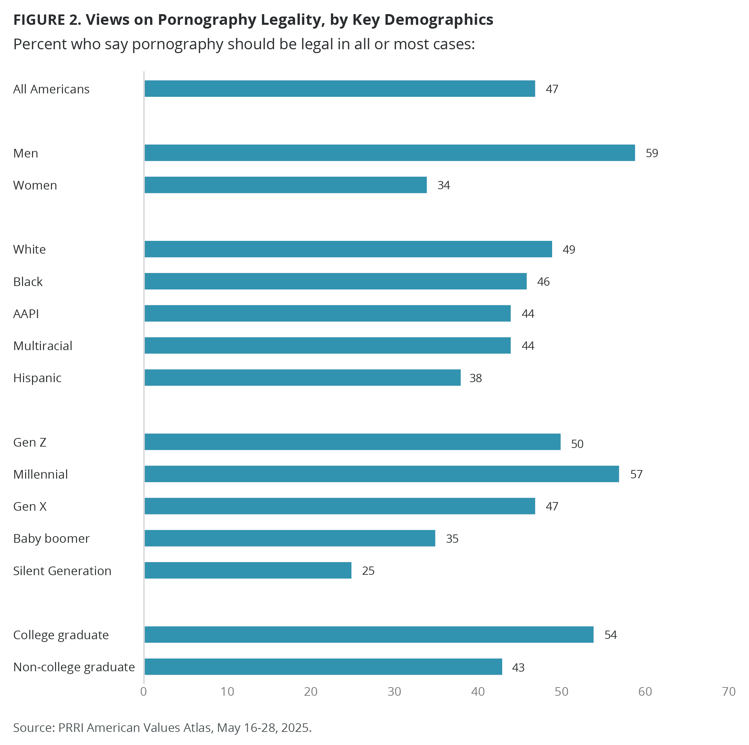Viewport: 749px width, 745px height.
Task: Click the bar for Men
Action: click(389, 153)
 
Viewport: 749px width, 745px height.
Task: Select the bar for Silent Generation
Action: click(248, 570)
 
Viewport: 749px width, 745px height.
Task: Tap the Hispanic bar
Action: click(303, 378)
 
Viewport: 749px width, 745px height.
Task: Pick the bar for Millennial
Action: click(381, 474)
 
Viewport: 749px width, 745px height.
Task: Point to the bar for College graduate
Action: click(369, 634)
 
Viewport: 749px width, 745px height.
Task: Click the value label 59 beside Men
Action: click(652, 153)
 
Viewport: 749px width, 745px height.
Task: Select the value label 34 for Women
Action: click(443, 185)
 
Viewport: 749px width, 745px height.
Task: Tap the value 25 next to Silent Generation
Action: click(368, 571)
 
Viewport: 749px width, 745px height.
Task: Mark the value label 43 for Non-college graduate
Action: click(518, 667)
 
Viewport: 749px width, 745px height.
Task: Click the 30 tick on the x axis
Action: click(394, 692)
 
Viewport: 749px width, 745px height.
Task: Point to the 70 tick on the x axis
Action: click(728, 692)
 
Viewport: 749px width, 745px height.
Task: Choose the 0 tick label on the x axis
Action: click(144, 692)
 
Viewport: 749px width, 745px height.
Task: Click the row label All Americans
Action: click(51, 89)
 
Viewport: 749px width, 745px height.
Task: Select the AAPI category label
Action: click(26, 314)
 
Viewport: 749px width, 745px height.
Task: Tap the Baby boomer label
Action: click(51, 539)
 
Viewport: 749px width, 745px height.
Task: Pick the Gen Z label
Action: click(30, 442)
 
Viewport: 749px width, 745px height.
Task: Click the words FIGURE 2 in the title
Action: click(47, 20)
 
